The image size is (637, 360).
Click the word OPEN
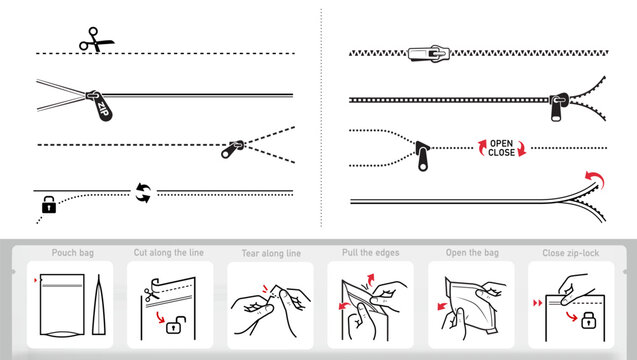(x=501, y=143)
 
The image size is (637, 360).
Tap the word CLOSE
(x=501, y=154)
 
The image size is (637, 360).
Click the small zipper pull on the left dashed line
(x=234, y=151)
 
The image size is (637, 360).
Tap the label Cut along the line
(x=168, y=253)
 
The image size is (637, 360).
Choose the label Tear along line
(x=264, y=253)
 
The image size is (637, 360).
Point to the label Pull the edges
(x=369, y=253)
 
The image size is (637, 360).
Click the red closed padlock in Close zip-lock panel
(x=590, y=322)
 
